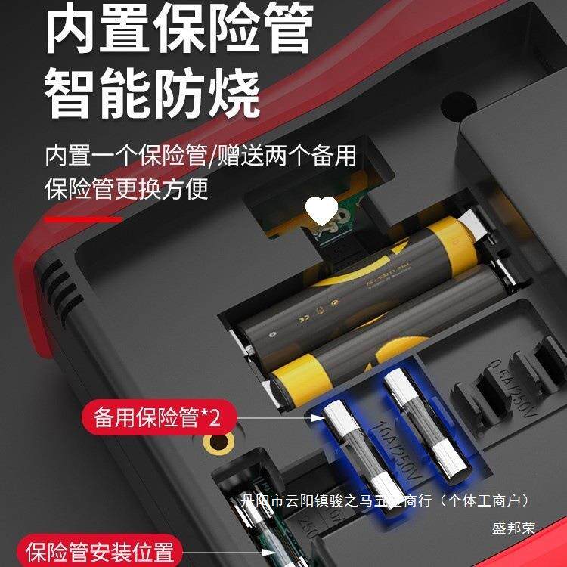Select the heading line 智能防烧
(x=152, y=93)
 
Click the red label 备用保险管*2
(x=157, y=417)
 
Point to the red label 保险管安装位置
(x=101, y=551)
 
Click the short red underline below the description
(x=83, y=219)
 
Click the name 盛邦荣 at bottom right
(x=513, y=528)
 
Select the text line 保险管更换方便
(x=126, y=187)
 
